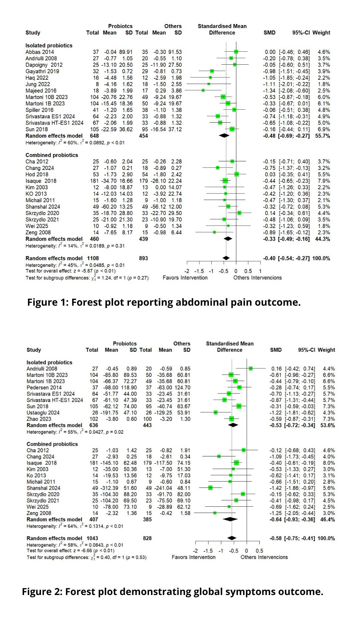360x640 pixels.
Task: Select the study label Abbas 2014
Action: click(40, 52)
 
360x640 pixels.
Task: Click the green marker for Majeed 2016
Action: click(203, 91)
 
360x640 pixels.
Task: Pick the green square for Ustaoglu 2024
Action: click(216, 413)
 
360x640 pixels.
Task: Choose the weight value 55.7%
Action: click(323, 136)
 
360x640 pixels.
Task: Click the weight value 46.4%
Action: click(327, 520)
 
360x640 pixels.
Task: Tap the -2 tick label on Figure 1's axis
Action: click(187, 271)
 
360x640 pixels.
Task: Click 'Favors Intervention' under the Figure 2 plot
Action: click(193, 557)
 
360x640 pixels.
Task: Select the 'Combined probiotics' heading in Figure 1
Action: click(52, 155)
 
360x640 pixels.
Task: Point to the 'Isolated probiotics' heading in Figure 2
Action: click(49, 363)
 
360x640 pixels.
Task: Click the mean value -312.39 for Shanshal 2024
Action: click(109, 488)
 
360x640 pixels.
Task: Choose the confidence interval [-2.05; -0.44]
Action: click(299, 513)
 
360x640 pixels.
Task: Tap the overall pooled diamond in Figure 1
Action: click(226, 258)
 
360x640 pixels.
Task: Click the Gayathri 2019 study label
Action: click(42, 71)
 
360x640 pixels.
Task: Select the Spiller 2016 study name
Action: click(39, 110)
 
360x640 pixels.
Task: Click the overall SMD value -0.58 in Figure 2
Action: click(275, 538)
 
